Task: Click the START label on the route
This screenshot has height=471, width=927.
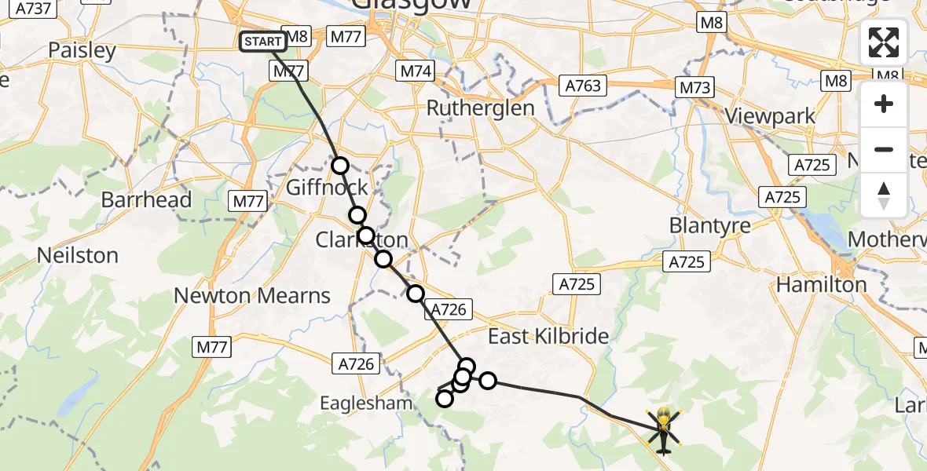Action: point(263,42)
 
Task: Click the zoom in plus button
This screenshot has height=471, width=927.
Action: point(884,104)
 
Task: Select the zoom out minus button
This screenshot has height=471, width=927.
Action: point(884,149)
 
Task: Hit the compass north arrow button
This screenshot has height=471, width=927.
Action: point(884,195)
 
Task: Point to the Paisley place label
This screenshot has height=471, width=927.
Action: point(82,51)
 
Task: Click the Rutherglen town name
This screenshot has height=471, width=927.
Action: point(480,108)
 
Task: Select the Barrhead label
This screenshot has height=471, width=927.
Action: point(146,199)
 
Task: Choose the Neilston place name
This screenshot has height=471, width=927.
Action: point(78,255)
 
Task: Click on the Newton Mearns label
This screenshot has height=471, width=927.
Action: point(252,296)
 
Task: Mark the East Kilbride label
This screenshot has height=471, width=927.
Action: point(548,337)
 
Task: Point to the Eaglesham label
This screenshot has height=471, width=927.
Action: point(366,403)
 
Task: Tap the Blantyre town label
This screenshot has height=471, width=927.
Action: point(710,225)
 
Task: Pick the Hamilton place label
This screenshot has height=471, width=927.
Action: point(821,285)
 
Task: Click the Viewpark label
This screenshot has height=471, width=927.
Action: point(770,117)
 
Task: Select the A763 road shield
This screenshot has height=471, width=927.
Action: point(581,85)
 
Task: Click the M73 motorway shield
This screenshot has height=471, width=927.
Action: point(695,87)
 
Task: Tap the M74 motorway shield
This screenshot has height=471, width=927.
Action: point(416,71)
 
